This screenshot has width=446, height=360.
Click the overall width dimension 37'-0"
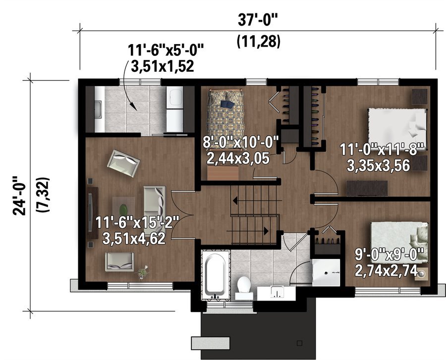pyautogui.click(x=257, y=20)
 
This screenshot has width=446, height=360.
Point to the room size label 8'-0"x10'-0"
pyautogui.click(x=240, y=142)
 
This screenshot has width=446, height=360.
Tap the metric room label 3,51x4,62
pyautogui.click(x=134, y=238)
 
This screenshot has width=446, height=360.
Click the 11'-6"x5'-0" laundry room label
pyautogui.click(x=166, y=51)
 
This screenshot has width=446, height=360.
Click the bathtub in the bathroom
pyautogui.click(x=216, y=275)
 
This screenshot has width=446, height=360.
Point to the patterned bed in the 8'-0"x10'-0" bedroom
pyautogui.click(x=226, y=119)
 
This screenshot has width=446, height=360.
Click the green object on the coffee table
pyautogui.click(x=123, y=209)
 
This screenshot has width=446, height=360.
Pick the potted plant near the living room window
pyautogui.click(x=143, y=272)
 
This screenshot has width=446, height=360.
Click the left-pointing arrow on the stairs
pyautogui.click(x=257, y=201)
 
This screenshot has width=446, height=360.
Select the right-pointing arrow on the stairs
pyautogui.click(x=247, y=231)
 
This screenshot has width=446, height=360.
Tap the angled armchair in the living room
pyautogui.click(x=124, y=163)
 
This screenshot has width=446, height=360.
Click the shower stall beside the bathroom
pyautogui.click(x=326, y=272)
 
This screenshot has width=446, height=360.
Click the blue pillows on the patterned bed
pyautogui.click(x=227, y=104)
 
